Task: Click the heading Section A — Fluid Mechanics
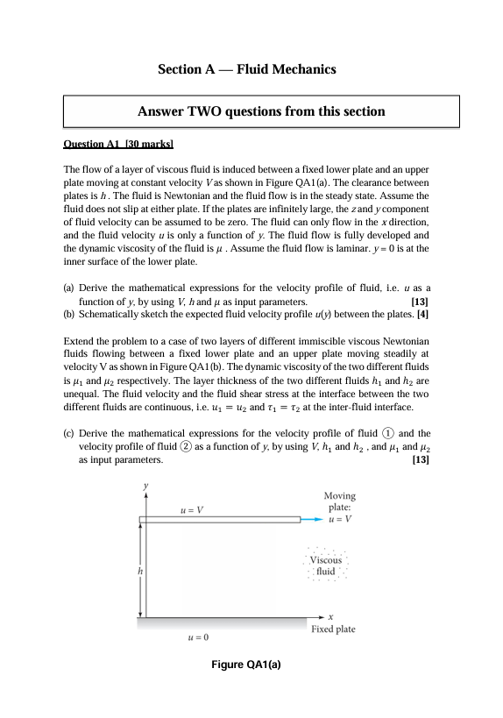coord(246,68)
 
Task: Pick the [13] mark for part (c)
coord(419,459)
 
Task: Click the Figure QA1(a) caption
coord(246,665)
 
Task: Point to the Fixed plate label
coord(333,629)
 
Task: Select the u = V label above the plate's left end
coord(192,508)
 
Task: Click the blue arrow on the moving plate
coord(312,520)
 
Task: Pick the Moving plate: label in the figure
coord(339,501)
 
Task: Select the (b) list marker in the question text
coord(69,313)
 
